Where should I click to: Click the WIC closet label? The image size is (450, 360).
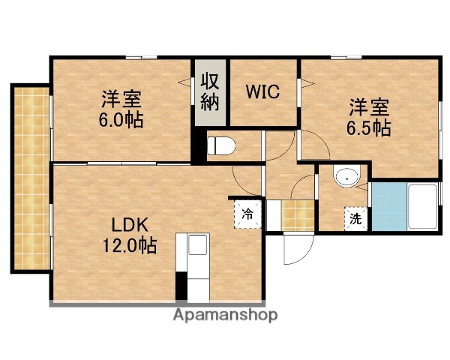(x=263, y=92)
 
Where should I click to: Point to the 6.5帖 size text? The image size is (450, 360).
(x=368, y=127)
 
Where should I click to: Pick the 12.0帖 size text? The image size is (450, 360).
(x=130, y=244)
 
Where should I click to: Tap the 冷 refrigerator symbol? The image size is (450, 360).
(x=247, y=213)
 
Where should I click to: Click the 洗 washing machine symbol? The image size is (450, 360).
(x=355, y=220)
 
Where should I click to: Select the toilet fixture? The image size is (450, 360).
(x=222, y=145)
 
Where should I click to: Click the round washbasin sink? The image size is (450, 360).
(x=346, y=178)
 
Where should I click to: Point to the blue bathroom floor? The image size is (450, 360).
(x=387, y=206)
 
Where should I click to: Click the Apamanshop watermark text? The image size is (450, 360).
(x=226, y=315)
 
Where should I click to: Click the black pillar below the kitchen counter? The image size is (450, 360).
(x=181, y=286)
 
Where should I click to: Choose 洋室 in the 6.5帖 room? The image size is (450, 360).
(x=368, y=107)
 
